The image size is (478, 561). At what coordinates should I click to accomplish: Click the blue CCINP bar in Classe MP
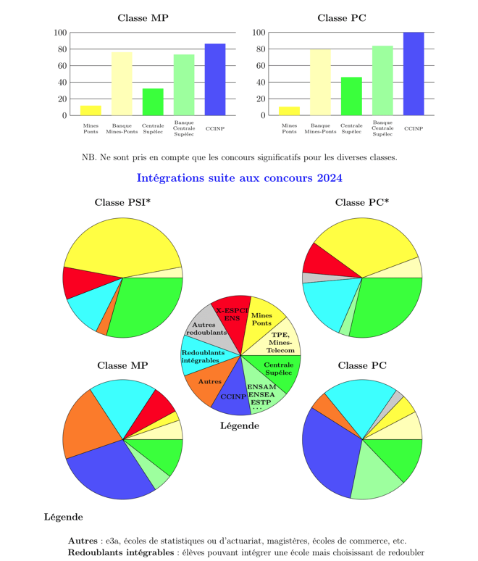pos(215,80)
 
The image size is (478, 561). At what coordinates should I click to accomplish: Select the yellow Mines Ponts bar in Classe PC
pos(289,111)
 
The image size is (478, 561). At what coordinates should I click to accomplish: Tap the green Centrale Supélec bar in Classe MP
pos(153,102)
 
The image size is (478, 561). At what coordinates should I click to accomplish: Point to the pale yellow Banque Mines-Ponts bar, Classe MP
pos(122,84)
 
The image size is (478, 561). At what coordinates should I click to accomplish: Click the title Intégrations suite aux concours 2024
pos(239,178)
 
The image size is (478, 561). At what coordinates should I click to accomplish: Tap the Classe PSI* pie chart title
pos(122,202)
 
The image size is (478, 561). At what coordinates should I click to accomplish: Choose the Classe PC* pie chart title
pos(361,202)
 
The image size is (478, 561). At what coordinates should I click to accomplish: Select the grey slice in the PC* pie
pos(308,278)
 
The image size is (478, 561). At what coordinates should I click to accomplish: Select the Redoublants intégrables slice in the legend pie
pos(201,357)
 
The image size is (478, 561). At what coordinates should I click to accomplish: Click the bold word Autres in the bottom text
pos(82,541)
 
